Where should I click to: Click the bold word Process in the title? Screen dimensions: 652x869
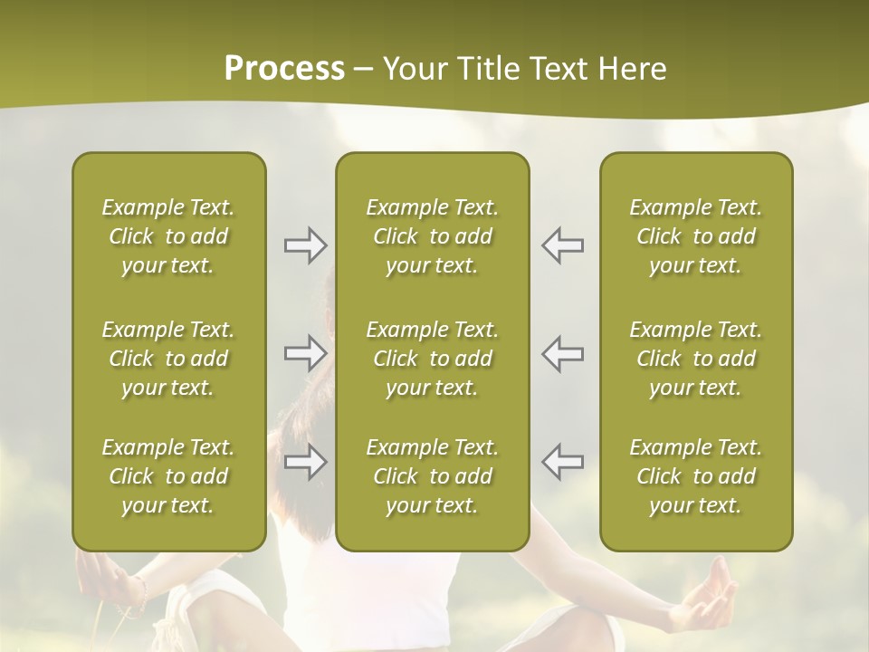click(284, 69)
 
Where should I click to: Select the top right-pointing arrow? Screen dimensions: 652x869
click(305, 245)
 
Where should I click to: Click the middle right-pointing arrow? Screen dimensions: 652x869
click(305, 353)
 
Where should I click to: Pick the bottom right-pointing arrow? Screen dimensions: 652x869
click(305, 462)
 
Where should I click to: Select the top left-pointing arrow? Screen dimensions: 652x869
click(562, 245)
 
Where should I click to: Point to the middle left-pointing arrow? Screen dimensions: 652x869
click(562, 353)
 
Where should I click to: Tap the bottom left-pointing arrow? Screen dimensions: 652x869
click(562, 461)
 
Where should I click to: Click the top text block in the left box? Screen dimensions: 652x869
click(168, 236)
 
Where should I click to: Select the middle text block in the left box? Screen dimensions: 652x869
click(168, 359)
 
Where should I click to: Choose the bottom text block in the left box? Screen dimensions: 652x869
click(168, 476)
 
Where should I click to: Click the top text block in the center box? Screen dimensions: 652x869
click(432, 236)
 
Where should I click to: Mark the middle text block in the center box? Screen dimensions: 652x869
click(432, 359)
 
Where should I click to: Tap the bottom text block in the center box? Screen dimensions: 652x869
click(432, 476)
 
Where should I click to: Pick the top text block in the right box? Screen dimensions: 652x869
click(695, 236)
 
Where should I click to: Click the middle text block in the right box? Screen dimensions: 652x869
click(695, 359)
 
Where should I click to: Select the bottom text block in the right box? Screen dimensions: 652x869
click(695, 476)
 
